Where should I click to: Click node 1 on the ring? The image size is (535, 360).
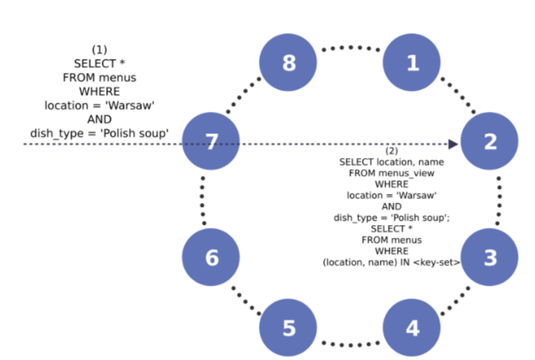point(412,63)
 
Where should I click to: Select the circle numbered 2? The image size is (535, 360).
point(490,141)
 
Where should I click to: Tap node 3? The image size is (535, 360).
point(490,258)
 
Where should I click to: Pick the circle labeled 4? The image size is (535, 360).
point(412,328)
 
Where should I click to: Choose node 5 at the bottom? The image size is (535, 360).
point(288,328)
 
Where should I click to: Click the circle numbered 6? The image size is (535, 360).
point(211,258)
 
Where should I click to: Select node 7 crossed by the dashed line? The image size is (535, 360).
point(211,141)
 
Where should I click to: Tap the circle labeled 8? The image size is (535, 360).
point(288,63)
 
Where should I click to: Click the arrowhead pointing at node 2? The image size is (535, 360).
point(454,144)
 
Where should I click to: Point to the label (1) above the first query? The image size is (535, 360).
point(100,49)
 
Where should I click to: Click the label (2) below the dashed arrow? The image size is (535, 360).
point(392,152)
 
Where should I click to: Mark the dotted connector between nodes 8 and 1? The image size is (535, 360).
point(350,49)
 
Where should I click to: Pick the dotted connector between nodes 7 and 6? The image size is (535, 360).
point(203,200)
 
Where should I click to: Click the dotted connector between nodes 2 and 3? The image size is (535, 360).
point(499,200)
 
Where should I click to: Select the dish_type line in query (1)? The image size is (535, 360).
point(100,133)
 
